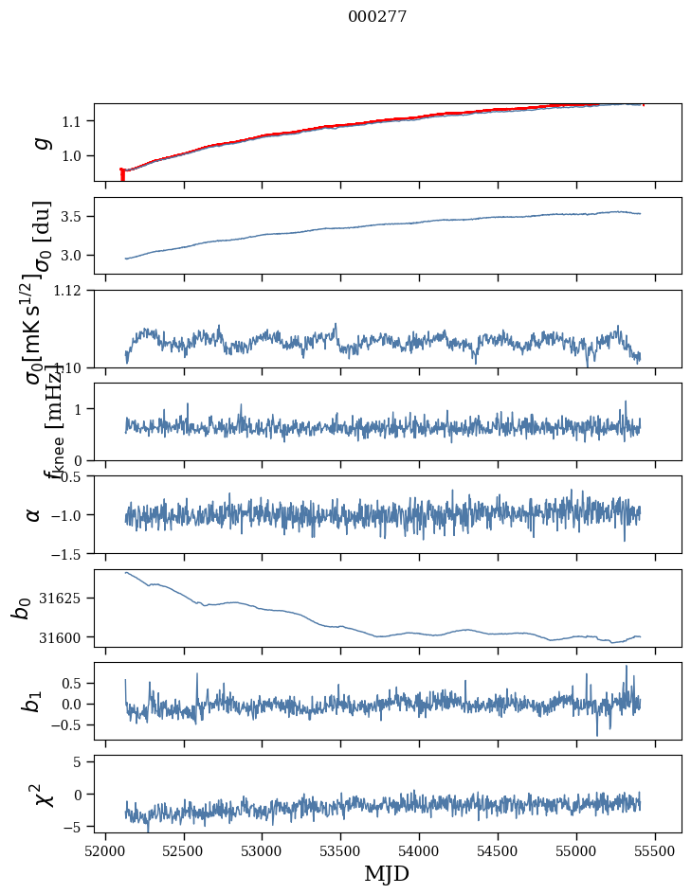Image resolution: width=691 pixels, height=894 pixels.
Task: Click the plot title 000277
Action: click(377, 17)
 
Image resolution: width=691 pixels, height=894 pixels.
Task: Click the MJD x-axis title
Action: click(387, 873)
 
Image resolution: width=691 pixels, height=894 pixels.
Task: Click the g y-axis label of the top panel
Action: click(39, 142)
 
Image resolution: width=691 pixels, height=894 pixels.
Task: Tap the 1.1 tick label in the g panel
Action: click(75, 121)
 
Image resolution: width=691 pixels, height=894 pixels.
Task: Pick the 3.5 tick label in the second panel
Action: click(75, 217)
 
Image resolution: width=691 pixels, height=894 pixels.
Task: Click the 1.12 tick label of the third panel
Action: click(72, 291)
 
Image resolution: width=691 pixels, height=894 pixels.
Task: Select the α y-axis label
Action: click(34, 514)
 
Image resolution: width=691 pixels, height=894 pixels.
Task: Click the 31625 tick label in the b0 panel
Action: click(65, 599)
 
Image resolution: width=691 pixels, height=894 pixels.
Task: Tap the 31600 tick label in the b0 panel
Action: click(65, 637)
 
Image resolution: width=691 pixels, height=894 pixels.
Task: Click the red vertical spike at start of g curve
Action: click(122, 175)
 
